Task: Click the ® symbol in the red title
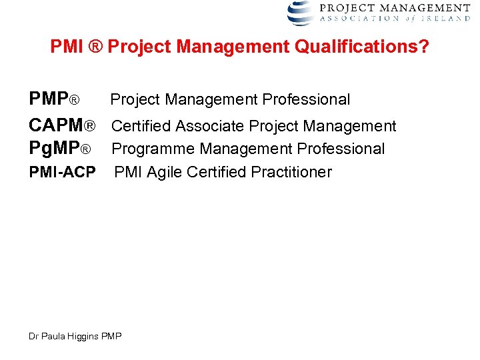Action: pos(94,47)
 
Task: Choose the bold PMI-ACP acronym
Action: pos(62,172)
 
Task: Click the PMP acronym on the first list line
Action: pos(49,100)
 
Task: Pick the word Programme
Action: pos(153,149)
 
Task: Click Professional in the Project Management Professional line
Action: pos(306,100)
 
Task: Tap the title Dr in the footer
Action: pos(33,337)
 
